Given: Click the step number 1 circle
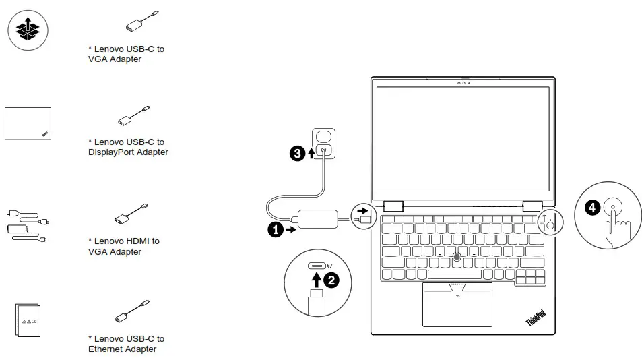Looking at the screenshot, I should (x=275, y=229).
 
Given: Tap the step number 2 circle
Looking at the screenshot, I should (x=331, y=278).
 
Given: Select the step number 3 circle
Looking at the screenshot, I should (x=296, y=154).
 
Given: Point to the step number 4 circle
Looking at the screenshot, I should (x=591, y=208).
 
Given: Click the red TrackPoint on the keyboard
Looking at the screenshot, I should (x=457, y=256).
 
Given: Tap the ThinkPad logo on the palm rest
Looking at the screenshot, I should (x=536, y=318).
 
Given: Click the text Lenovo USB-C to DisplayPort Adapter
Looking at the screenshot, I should (x=128, y=147).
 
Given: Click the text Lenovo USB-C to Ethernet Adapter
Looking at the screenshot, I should (x=126, y=344).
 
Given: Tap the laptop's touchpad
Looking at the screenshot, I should (x=457, y=305).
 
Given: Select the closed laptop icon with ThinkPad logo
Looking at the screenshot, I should (x=28, y=123).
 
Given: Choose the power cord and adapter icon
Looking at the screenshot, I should (x=27, y=224).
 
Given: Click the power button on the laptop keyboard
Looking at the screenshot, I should (x=550, y=225).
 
